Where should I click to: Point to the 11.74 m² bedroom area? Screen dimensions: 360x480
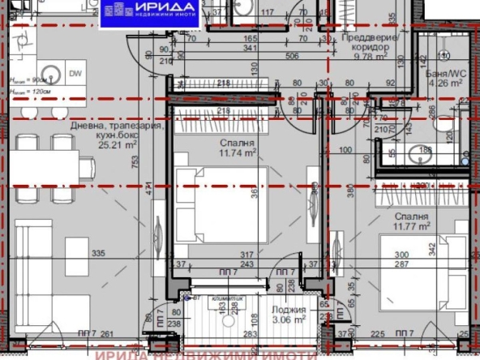pos(238,152)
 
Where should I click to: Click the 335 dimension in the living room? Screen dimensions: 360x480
pos(99,254)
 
